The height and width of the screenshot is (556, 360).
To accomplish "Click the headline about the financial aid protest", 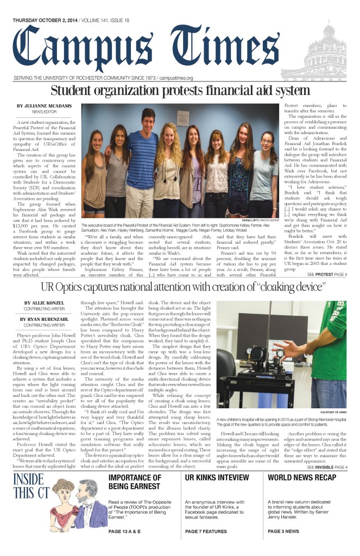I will click(180, 91).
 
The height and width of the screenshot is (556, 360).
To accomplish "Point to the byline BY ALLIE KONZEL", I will click(44, 303).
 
